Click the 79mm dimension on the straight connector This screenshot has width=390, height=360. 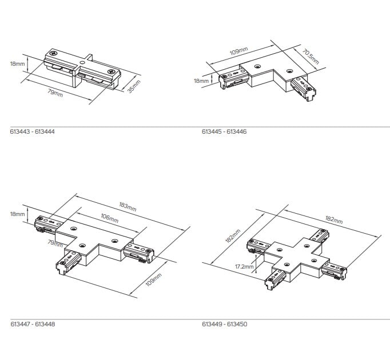[x=55, y=94]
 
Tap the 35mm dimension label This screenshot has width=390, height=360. [x=134, y=86]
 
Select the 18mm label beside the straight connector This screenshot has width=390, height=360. [x=17, y=63]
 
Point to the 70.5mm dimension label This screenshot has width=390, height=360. [x=311, y=57]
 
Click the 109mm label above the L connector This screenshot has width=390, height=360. [x=239, y=51]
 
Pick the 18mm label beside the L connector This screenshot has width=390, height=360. [x=201, y=81]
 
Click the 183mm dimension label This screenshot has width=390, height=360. [x=128, y=207]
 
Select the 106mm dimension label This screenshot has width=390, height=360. [x=110, y=218]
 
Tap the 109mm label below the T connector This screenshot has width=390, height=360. [x=153, y=279]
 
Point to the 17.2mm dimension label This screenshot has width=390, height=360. [x=244, y=267]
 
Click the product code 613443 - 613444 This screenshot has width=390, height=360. [x=33, y=131]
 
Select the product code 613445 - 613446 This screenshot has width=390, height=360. [x=224, y=131]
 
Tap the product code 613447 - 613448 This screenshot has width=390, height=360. [x=33, y=324]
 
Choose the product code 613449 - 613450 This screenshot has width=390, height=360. [x=225, y=324]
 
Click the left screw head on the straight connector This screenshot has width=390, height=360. [x=54, y=53]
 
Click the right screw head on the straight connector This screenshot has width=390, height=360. [x=110, y=71]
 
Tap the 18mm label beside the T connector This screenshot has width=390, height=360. [x=17, y=214]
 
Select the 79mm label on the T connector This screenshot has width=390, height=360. [x=55, y=243]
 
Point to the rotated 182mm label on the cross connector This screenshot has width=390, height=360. [x=233, y=236]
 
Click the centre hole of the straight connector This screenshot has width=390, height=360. [x=82, y=63]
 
